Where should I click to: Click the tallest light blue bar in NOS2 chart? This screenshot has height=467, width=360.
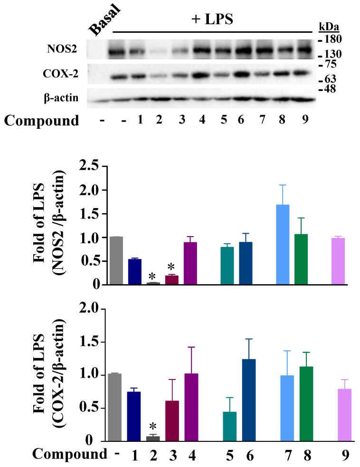pos(283,245)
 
